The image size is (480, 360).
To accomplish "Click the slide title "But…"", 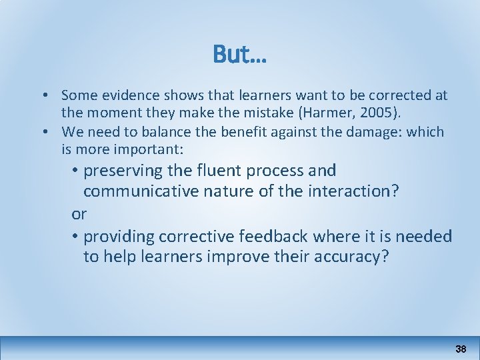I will point(239,55).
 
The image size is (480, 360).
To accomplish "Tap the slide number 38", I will point(461,349).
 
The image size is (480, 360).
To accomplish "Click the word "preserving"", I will point(124,171).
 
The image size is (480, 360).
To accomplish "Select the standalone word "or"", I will point(79,214).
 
